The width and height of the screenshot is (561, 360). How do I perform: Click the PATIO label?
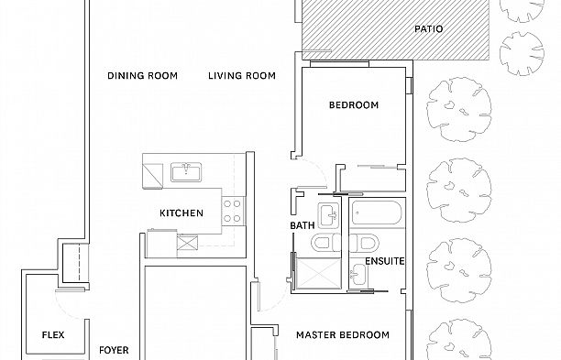tap(428, 29)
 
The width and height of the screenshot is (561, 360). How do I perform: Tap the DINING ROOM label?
tap(142, 76)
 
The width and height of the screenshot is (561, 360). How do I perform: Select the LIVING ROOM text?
tap(242, 76)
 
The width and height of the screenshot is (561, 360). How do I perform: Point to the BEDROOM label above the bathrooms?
tap(354, 105)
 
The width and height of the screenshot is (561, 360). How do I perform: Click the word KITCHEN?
tap(181, 213)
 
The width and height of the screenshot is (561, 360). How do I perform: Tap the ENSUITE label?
tap(385, 261)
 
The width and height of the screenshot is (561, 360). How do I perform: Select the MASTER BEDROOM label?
tap(343, 335)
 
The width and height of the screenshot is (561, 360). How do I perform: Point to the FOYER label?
tap(114, 350)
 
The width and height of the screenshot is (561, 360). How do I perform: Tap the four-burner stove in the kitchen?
tap(233, 209)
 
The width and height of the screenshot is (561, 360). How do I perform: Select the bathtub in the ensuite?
tap(377, 214)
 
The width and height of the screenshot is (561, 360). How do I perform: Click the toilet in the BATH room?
tap(323, 244)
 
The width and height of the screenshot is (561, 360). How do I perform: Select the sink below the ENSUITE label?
tap(357, 272)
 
